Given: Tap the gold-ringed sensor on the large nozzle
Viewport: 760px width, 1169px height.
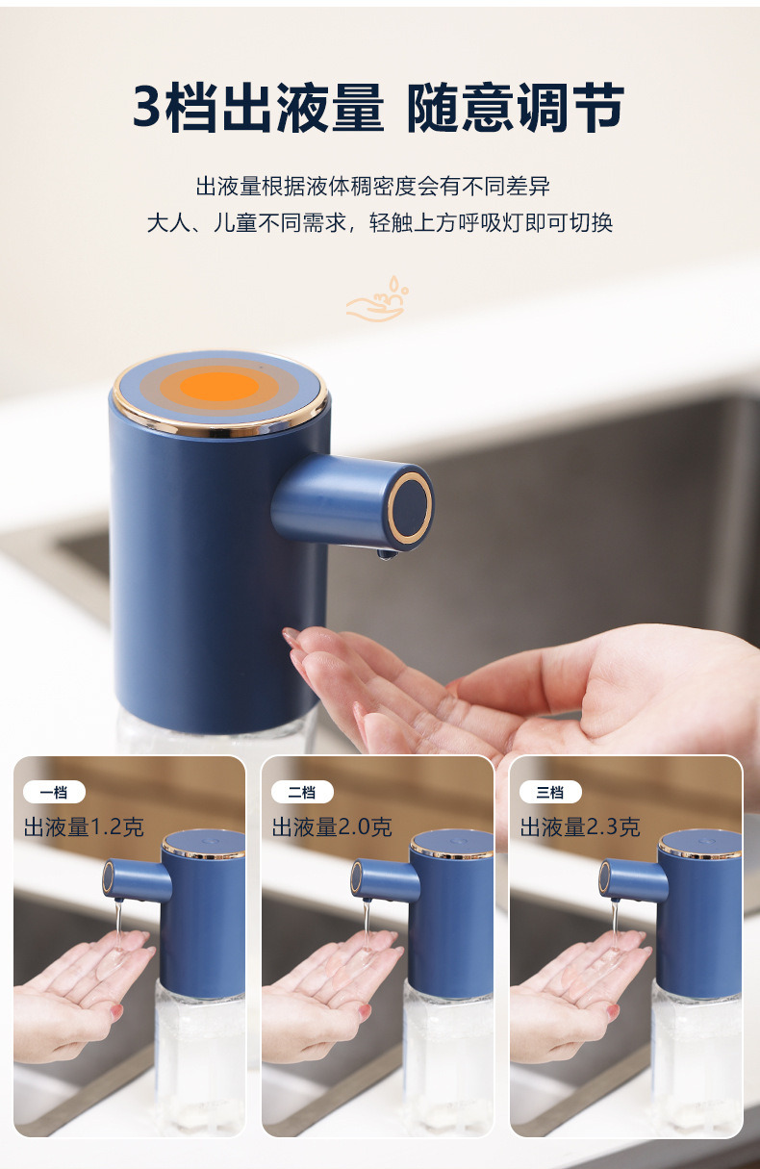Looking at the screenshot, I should tap(411, 507).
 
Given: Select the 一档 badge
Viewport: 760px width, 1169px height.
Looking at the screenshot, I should tap(54, 792).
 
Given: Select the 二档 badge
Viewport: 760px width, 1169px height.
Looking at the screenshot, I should tap(302, 792).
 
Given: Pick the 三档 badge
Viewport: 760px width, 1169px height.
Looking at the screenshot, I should tap(550, 792).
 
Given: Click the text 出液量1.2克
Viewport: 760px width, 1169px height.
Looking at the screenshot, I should tap(84, 826).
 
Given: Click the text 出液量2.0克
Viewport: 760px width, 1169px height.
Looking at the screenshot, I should tap(332, 826).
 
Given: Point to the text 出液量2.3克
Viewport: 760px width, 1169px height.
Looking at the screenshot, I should tap(580, 826).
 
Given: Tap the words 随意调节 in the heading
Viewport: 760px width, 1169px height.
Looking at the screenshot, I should tap(515, 107).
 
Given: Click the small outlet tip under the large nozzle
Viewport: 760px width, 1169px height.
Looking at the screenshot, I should tap(386, 553).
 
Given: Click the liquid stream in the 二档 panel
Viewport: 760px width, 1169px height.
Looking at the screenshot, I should tap(367, 924).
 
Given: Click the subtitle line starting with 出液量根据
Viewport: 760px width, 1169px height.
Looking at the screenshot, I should tap(373, 187).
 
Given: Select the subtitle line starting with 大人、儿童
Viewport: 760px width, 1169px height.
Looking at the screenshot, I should tap(379, 223).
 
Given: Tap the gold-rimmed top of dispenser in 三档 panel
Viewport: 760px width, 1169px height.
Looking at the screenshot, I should tap(699, 845).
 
